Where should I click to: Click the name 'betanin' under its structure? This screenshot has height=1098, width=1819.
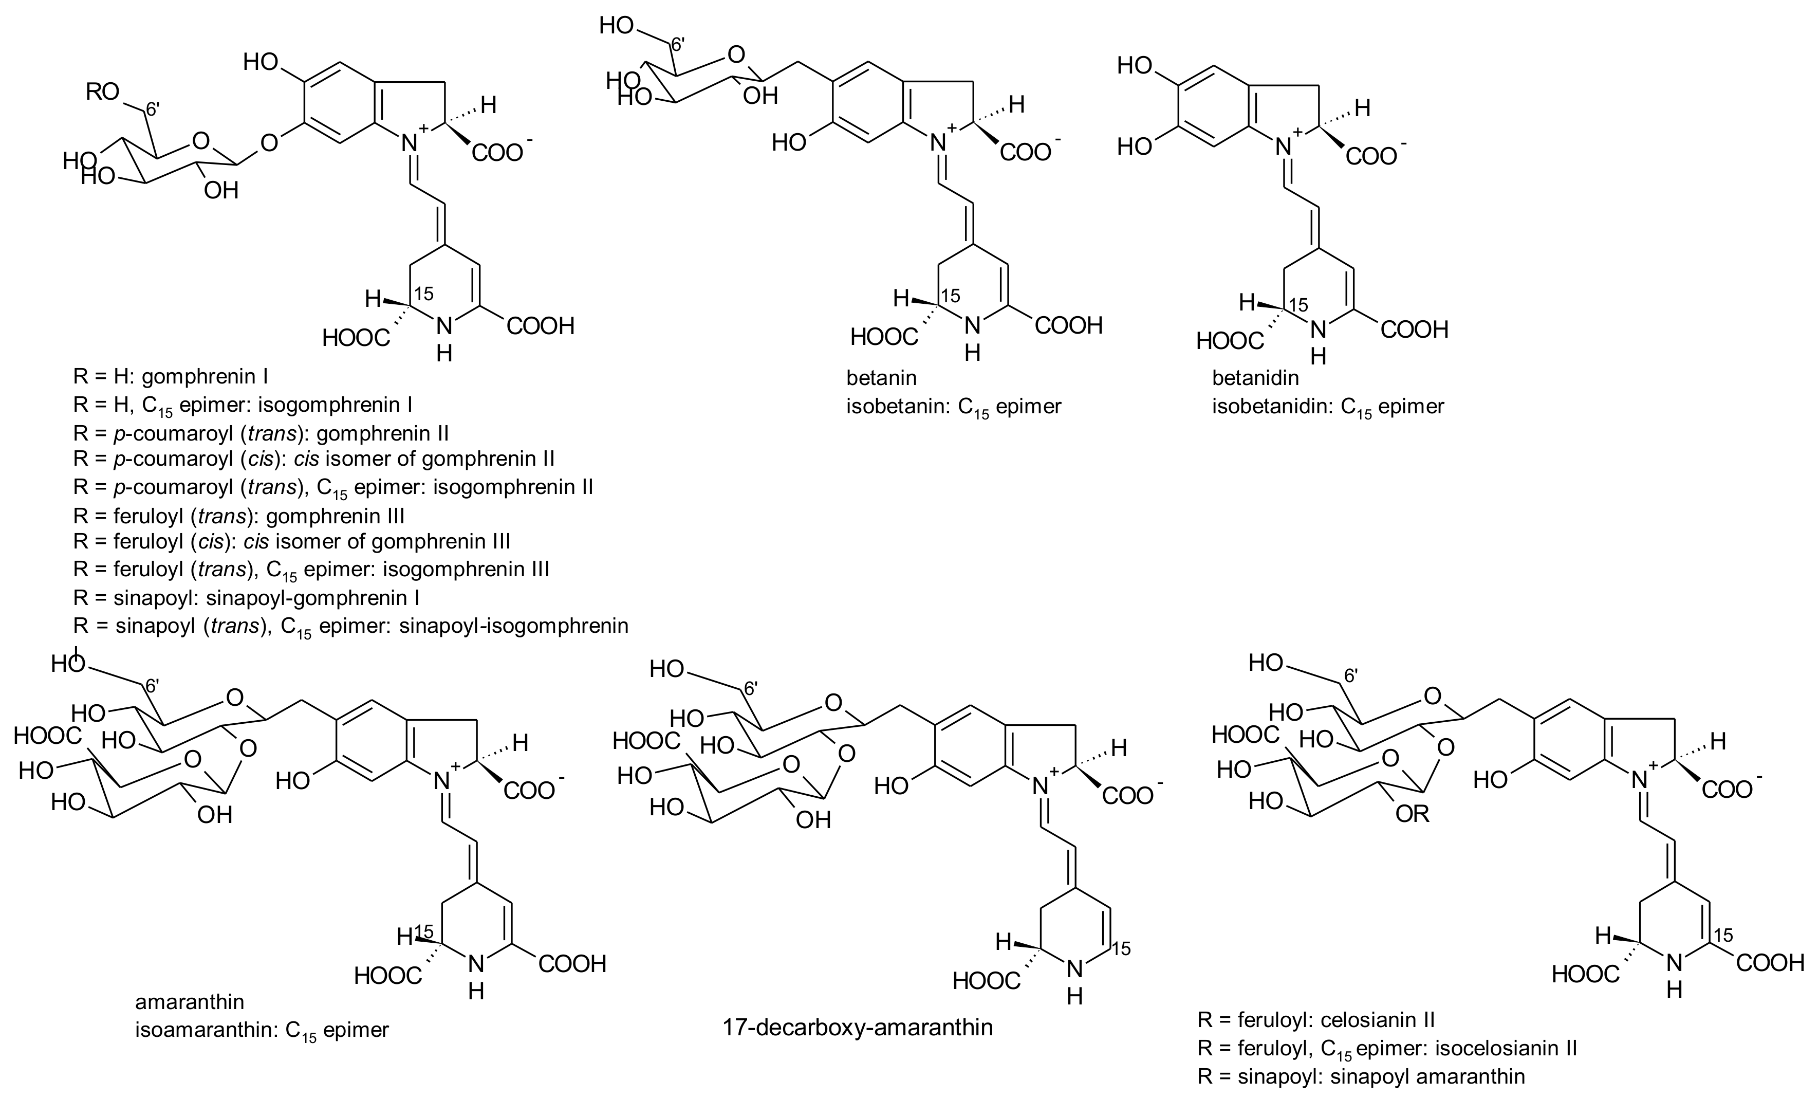881,378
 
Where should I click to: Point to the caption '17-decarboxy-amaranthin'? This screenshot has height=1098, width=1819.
858,1027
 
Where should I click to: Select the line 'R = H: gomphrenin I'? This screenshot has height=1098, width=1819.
171,377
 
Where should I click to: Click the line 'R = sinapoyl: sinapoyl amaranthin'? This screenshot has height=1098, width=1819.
1361,1076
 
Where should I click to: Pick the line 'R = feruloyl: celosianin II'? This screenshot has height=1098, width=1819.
1315,1020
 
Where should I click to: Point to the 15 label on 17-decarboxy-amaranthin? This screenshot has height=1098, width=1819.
1121,948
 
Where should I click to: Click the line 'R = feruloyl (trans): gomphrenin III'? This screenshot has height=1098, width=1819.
238,516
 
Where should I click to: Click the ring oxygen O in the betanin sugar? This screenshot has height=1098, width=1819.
735,54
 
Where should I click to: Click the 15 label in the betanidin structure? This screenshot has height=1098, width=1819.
1298,305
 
